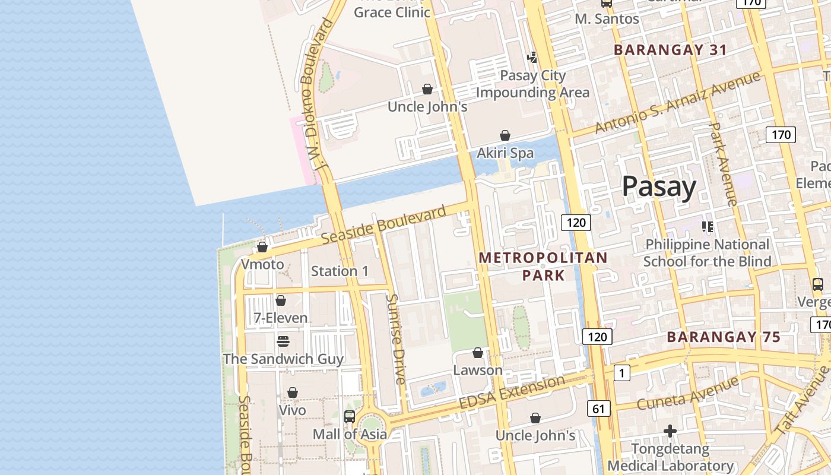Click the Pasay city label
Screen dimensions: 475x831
[659, 187]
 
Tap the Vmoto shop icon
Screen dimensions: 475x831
[262, 247]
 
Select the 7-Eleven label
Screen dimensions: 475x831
[281, 318]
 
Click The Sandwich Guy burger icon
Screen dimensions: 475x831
[283, 341]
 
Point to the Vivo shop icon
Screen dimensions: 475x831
[292, 393]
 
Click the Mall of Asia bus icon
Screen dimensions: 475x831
[350, 417]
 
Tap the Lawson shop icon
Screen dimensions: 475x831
[478, 353]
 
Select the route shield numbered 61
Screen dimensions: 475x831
[598, 408]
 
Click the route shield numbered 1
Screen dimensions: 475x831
[621, 373]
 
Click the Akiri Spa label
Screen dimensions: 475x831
[505, 153]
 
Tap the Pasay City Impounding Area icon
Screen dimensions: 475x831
[532, 58]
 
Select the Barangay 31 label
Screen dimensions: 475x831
[670, 50]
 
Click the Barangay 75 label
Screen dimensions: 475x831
[724, 337]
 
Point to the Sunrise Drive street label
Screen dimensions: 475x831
[396, 338]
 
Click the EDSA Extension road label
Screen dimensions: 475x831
[512, 392]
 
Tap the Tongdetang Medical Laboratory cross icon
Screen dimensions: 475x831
[670, 430]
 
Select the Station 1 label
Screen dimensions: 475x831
[340, 271]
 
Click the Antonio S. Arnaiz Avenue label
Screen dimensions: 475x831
[677, 103]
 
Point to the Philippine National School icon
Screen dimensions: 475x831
[707, 226]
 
